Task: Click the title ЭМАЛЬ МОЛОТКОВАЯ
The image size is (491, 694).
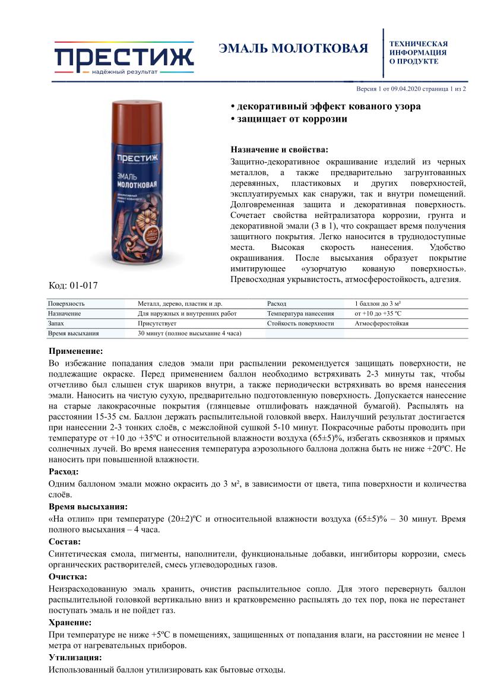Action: point(293,49)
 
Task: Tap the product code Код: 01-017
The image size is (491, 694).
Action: point(72,286)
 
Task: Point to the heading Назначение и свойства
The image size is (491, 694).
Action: point(278,150)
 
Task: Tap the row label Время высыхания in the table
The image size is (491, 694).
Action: point(74,334)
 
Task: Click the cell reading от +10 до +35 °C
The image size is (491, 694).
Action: point(378,313)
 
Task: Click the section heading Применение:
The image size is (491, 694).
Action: point(75,351)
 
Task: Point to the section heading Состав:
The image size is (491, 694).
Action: point(65,542)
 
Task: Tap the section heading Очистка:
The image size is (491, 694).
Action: point(68,576)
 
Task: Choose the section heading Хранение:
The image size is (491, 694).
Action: point(70,623)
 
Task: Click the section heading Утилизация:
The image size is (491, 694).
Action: point(74,658)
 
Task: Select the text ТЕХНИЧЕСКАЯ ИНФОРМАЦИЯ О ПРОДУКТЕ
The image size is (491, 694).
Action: point(418,52)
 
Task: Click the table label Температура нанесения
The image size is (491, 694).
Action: point(300,313)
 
